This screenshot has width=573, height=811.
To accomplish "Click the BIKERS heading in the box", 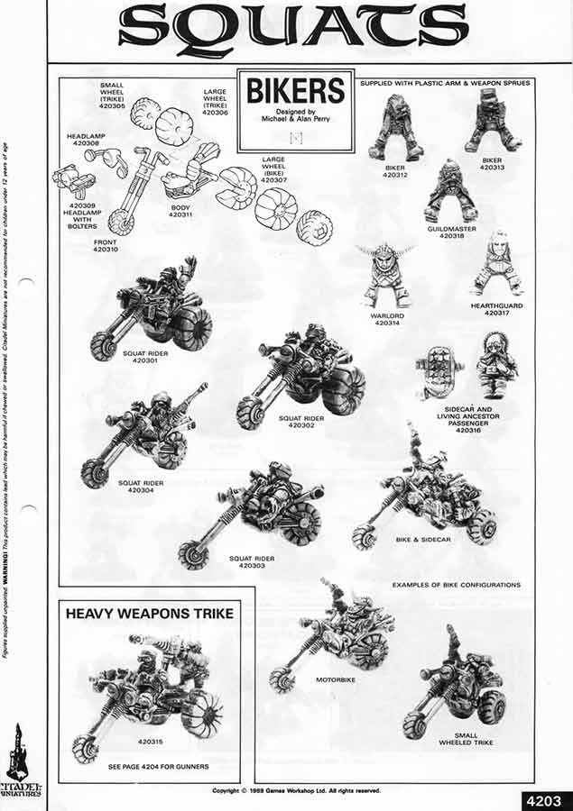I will point(296,91).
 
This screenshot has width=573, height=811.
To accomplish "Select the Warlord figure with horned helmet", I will point(388,275).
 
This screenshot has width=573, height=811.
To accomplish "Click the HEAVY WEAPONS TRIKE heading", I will point(150,614).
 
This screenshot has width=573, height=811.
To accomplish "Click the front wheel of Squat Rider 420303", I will point(192,554).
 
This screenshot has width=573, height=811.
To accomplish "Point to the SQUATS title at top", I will point(294,26).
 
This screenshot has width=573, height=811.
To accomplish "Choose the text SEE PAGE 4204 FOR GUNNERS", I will point(159,766).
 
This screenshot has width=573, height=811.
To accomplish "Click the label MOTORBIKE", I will point(335,679).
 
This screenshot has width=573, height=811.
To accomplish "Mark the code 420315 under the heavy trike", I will point(151,743).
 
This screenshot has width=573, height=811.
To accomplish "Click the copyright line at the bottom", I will point(296,790).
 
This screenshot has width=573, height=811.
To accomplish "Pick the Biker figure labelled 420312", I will point(395,131).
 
